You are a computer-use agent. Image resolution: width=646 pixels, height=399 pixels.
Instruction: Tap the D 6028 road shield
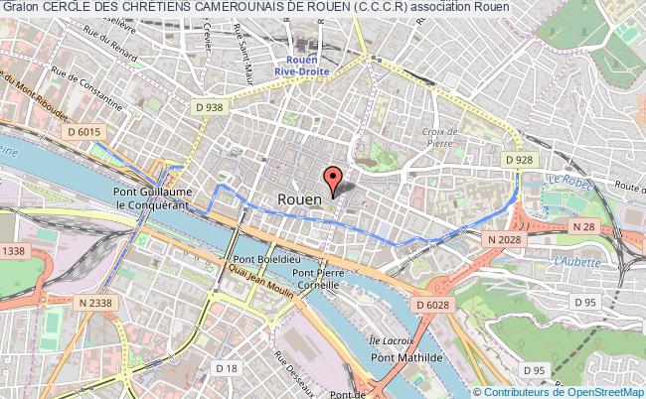[x=433, y=304]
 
